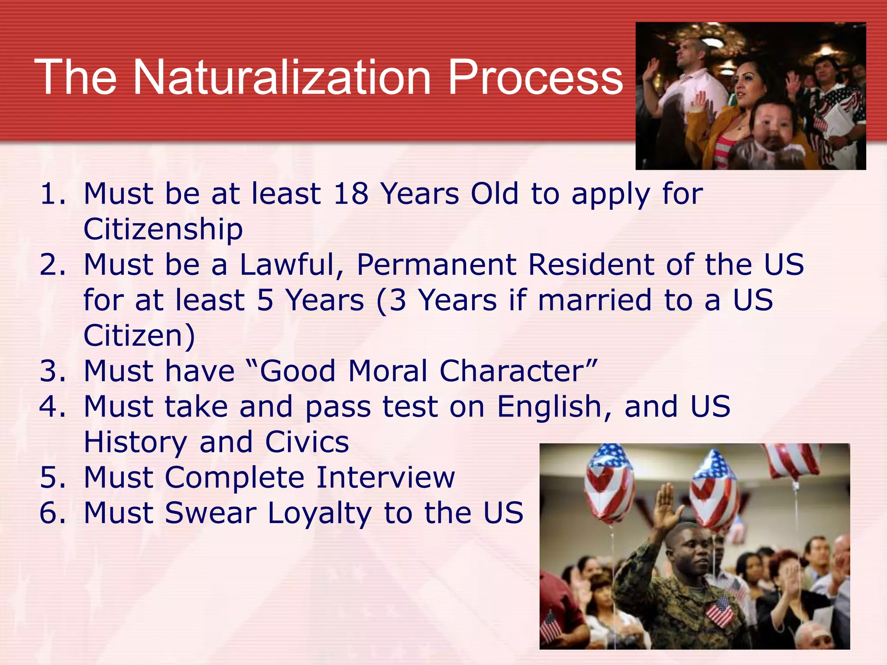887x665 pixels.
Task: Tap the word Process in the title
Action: (x=535, y=78)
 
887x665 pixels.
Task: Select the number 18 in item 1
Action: (x=351, y=194)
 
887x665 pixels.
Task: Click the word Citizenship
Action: (x=163, y=229)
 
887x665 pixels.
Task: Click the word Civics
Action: (x=307, y=442)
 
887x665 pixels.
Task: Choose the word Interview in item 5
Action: (x=385, y=478)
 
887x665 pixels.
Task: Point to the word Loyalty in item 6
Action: (x=320, y=513)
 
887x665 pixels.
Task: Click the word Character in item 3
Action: (x=518, y=371)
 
